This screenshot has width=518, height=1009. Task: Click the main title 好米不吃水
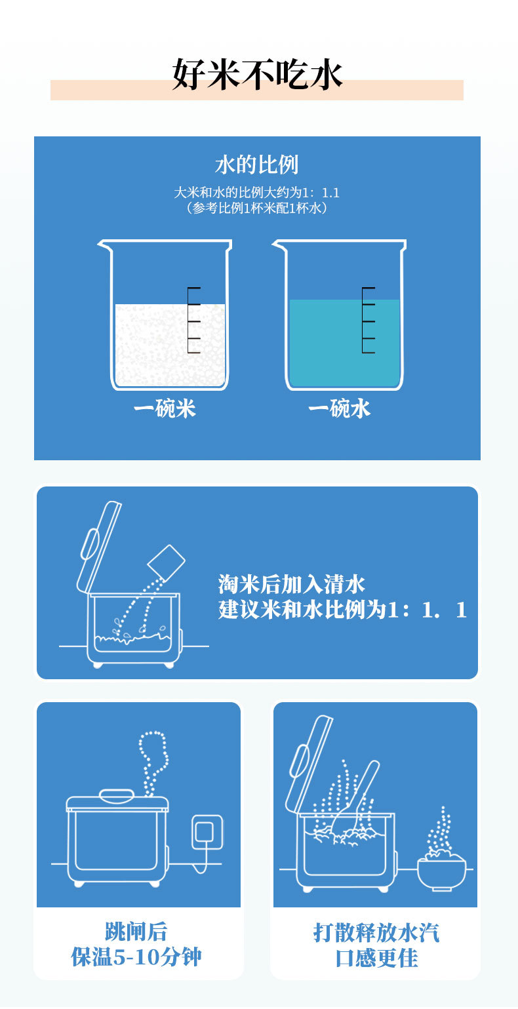257,74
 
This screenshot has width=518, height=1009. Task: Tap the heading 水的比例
257,165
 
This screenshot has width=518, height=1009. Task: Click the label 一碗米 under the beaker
165,408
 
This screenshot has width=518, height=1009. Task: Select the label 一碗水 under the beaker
339,408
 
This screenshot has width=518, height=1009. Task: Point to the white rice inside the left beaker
170,345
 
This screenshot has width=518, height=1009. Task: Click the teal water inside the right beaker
344,342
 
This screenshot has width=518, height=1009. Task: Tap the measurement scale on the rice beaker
193,320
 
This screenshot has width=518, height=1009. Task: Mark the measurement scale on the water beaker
369,320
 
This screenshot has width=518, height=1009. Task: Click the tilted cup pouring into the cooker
166,562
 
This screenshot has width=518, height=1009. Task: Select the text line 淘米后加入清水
291,584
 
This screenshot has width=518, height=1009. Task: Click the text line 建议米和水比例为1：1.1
342,610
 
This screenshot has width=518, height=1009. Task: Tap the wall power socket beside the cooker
208,832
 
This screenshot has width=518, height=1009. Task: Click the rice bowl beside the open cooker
441,874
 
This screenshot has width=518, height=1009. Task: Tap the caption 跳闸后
136,932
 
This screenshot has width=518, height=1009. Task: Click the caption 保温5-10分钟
136,957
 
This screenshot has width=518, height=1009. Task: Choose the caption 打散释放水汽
376,932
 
